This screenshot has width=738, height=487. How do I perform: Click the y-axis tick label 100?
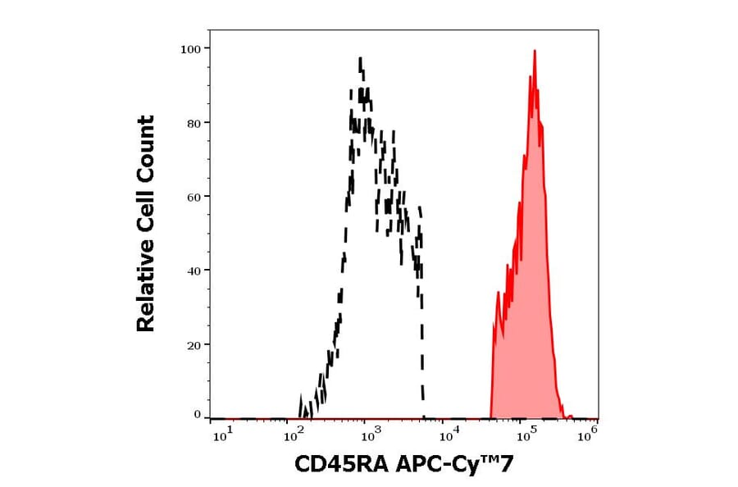(x=190, y=48)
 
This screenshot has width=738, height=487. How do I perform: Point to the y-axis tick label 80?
(x=194, y=123)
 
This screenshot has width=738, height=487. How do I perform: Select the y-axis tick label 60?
(x=194, y=197)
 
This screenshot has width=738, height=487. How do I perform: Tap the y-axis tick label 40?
(x=194, y=271)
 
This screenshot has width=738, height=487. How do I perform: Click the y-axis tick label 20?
(x=194, y=345)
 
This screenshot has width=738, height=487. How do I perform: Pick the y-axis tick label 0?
(x=197, y=415)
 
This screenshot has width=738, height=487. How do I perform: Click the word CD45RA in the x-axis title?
(x=340, y=466)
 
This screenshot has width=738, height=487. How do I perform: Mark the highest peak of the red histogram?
(x=535, y=51)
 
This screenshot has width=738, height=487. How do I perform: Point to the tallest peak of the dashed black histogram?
(x=360, y=58)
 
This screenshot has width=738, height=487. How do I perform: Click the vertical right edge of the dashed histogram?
(x=422, y=344)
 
